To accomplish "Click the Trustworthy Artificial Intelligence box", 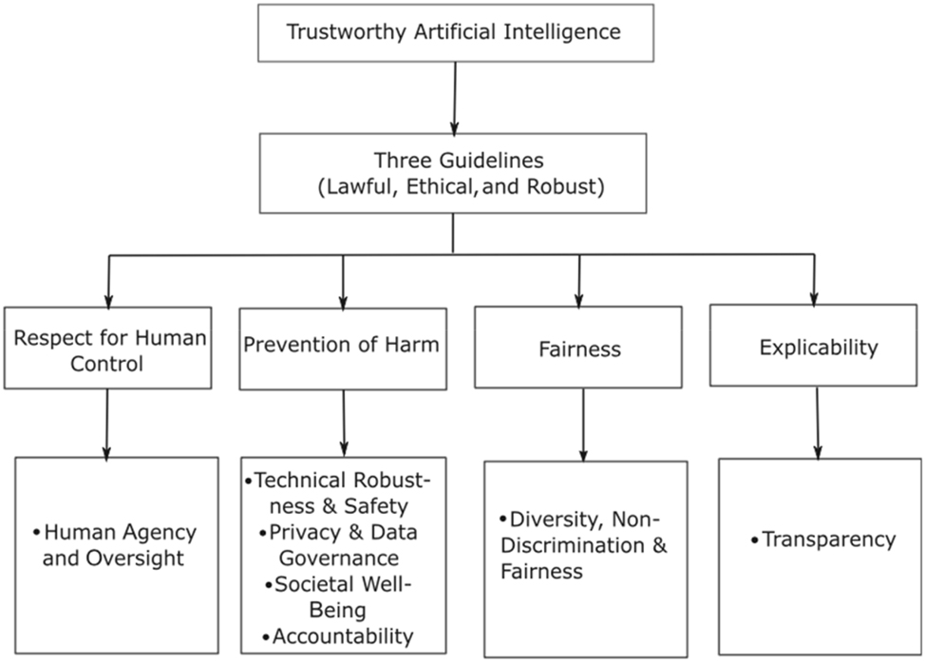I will [453, 32].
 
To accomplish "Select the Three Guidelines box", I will [453, 173].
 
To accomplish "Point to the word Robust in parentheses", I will [562, 187].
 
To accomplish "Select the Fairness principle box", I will [576, 348].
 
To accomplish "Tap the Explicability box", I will [818, 346].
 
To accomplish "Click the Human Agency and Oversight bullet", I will [112, 545].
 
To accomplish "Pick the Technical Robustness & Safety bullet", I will [342, 493].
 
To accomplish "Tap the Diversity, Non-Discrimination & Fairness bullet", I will [583, 546].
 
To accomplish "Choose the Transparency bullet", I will [821, 539].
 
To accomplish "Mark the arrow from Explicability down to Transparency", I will [818, 422].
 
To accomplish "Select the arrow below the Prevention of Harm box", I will [343, 423].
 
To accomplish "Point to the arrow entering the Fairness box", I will [578, 279].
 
